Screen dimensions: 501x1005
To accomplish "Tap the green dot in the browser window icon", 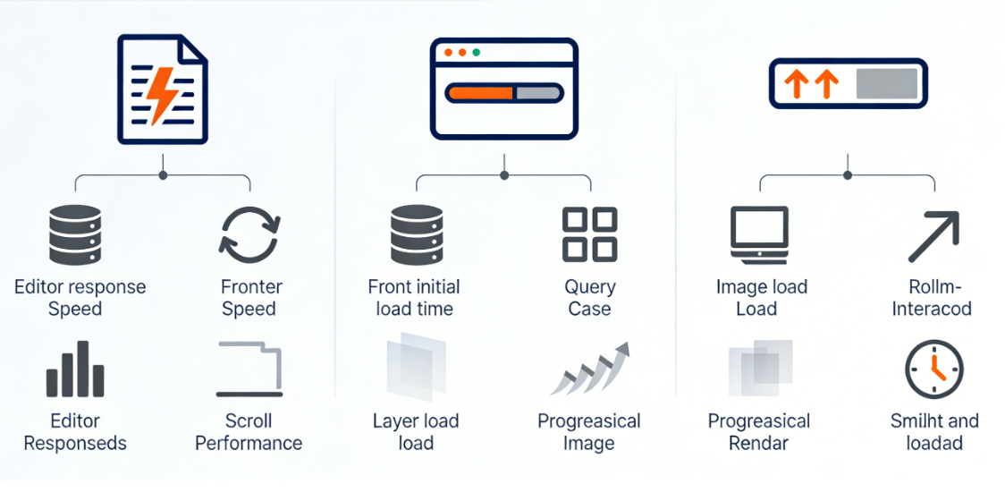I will [x=476, y=53].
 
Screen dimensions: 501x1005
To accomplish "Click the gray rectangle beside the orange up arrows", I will [x=887, y=83].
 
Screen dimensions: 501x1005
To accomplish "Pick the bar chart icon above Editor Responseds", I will [x=75, y=369].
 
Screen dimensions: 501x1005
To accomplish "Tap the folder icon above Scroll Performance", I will [x=250, y=369].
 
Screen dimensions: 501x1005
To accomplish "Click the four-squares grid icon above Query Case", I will [x=589, y=234].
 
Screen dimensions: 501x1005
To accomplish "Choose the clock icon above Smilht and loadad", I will [x=933, y=369].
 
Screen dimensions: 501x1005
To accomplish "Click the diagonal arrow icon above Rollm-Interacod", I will [x=933, y=237].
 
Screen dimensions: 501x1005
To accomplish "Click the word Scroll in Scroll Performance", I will [x=249, y=421].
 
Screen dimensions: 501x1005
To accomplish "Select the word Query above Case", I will [x=590, y=287].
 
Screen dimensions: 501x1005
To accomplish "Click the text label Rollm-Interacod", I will [x=933, y=298].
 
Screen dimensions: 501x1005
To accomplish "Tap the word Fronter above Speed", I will [x=251, y=287].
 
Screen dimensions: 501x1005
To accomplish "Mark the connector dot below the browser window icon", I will [x=504, y=174].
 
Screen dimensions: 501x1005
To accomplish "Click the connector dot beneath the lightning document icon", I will [x=163, y=174].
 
